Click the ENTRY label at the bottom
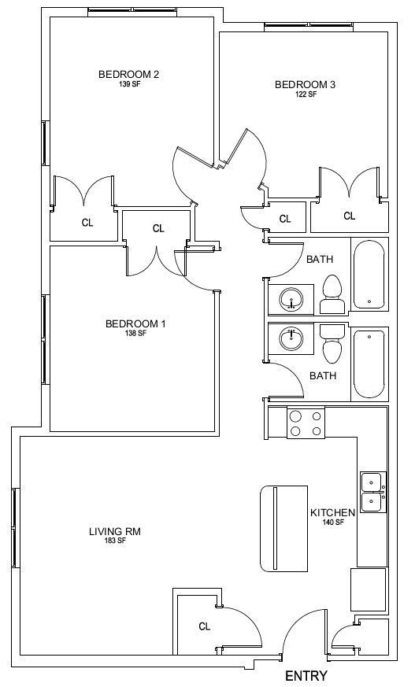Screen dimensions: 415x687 pos(306,675)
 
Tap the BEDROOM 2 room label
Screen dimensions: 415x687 pos(128,74)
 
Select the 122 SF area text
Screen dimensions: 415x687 pos(306,94)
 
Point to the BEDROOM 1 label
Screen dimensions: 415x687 pos(135,323)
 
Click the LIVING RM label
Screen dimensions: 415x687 pos(115,532)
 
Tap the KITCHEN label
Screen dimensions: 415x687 pos(332,512)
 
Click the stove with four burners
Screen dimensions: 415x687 pos(306,423)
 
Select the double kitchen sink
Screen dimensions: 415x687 pos(373,492)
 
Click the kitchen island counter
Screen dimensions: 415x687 pos(284,528)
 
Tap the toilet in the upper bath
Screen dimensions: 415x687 pos(332,294)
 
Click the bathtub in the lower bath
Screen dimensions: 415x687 pos(369,364)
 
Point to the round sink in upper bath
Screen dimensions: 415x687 pos(291,299)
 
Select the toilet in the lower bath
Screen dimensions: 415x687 pos(332,344)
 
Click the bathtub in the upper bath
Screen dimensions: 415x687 pos(369,274)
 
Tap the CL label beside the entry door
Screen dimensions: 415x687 pos(204,626)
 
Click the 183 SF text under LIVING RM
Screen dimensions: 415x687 pos(115,541)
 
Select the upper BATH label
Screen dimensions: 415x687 pos(320,260)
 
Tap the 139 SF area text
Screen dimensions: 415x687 pos(129,84)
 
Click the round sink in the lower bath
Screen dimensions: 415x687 pos(291,338)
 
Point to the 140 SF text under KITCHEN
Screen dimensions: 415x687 pos(333,522)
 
